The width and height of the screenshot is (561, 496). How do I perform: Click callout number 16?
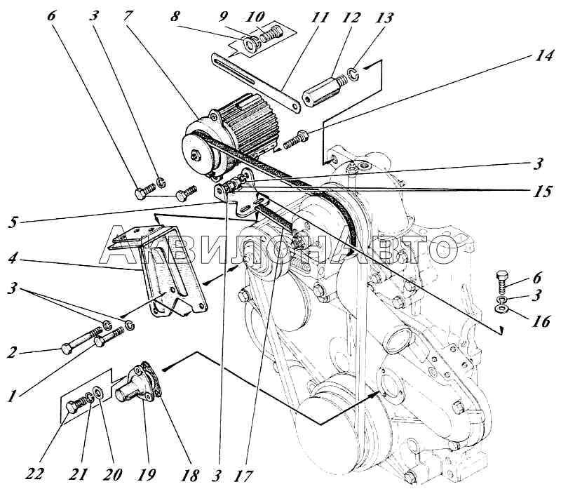(541, 321)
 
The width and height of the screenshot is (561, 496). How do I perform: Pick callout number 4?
(13, 257)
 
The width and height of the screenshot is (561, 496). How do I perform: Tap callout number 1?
(13, 396)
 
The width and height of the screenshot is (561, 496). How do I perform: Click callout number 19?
(146, 474)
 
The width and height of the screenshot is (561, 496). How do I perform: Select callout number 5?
(13, 222)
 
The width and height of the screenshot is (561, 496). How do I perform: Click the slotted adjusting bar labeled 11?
(255, 83)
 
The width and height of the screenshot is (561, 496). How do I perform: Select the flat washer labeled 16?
(502, 309)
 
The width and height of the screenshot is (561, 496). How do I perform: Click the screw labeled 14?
(296, 140)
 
